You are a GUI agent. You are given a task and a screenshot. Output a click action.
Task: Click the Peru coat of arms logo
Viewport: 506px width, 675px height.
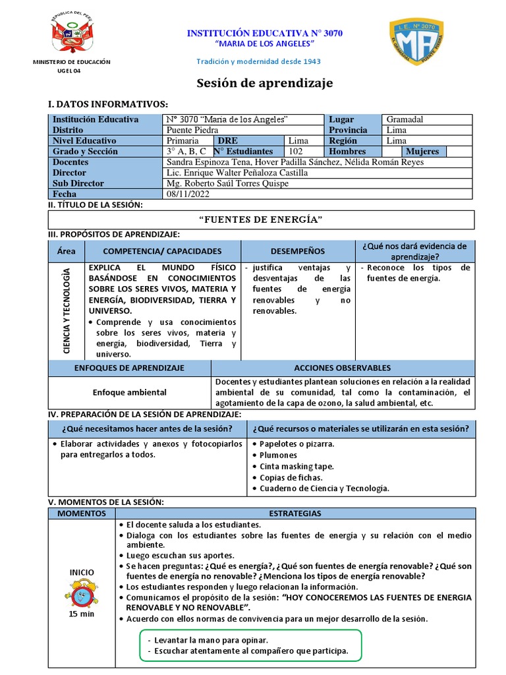pos(73,34)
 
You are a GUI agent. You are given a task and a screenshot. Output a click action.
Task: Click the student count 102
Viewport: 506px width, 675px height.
pos(296,151)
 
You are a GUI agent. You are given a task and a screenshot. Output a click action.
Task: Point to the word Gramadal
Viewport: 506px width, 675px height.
pos(405,119)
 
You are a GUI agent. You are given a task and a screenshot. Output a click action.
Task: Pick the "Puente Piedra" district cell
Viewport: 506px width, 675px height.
pos(192,130)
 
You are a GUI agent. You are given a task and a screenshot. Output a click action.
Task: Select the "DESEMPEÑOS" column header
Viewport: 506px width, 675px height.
pos(297,251)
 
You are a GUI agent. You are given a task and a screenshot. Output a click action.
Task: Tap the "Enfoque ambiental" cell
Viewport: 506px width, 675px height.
pos(129,392)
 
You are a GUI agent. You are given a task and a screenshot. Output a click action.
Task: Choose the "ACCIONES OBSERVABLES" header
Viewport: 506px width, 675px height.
pos(342,368)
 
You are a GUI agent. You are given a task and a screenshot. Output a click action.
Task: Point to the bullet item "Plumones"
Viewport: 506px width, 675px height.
pos(278,455)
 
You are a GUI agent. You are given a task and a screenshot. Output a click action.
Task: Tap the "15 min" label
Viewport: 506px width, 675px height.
pos(82,614)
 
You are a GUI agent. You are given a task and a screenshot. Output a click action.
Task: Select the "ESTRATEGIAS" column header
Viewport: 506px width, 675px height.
pos(295,513)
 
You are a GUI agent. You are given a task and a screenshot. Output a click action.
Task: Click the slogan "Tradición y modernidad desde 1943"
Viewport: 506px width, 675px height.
pos(259,61)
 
